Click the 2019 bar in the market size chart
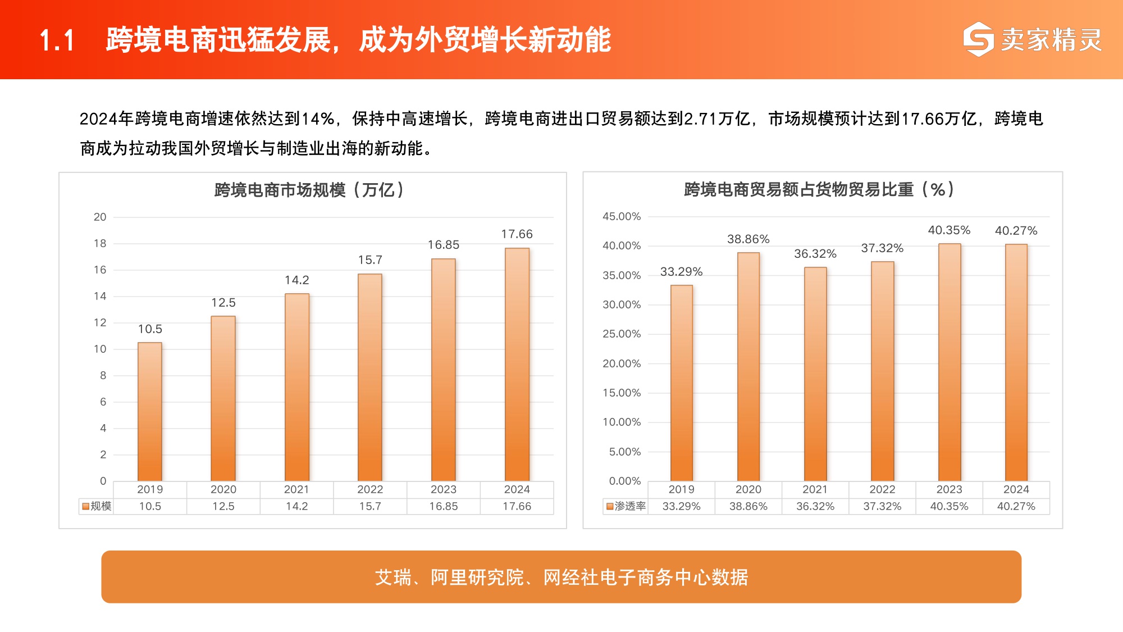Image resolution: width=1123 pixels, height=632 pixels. click(x=150, y=411)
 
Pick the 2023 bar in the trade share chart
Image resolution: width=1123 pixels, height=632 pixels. click(x=949, y=362)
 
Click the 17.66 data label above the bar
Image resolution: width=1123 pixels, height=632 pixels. click(x=517, y=234)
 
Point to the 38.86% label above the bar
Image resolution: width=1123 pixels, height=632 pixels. click(x=748, y=239)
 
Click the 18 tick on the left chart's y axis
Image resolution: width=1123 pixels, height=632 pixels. click(x=100, y=243)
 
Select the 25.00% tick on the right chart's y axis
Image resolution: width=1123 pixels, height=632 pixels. click(x=621, y=334)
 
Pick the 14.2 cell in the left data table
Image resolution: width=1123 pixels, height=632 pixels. click(x=296, y=506)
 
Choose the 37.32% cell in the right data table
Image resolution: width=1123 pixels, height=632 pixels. click(x=882, y=506)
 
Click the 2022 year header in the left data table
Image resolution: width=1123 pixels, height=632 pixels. click(x=370, y=489)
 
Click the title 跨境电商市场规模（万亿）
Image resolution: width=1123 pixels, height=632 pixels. click(x=309, y=190)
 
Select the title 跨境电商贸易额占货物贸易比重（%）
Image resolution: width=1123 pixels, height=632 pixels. click(x=819, y=189)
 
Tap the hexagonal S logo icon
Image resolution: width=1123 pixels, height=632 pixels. click(x=978, y=39)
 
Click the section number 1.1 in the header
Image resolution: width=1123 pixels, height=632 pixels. click(x=57, y=40)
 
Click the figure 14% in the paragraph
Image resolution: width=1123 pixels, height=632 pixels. click(x=318, y=119)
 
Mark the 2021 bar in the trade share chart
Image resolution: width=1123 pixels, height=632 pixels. click(x=815, y=374)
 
